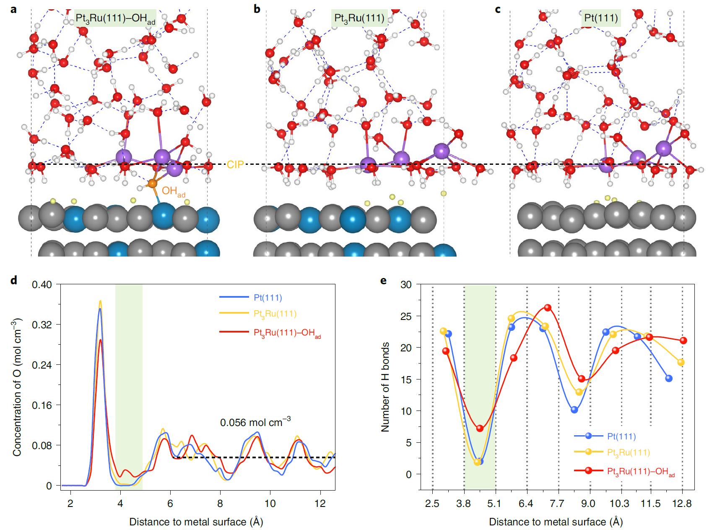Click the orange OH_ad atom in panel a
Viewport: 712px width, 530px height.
[152, 184]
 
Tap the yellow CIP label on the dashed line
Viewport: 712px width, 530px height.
[235, 165]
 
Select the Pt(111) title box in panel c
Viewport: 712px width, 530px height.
[601, 18]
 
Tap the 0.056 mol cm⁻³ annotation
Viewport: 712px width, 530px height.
[255, 422]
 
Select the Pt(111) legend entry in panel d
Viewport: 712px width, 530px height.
[268, 298]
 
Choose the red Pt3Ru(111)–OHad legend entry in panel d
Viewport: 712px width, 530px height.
[287, 333]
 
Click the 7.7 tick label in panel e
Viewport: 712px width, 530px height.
[557, 504]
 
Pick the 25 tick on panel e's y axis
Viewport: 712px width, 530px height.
[406, 317]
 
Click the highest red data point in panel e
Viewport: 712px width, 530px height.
[548, 308]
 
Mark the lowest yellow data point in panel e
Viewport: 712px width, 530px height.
[477, 462]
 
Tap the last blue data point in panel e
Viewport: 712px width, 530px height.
[669, 379]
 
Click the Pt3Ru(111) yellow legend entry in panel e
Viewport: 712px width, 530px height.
[628, 453]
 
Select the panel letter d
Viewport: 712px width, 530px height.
[14, 281]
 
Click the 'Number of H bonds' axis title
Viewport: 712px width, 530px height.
[385, 387]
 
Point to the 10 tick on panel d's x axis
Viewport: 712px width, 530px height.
[270, 504]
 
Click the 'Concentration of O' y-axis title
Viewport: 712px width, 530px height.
[17, 387]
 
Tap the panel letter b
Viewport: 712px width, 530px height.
[257, 9]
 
